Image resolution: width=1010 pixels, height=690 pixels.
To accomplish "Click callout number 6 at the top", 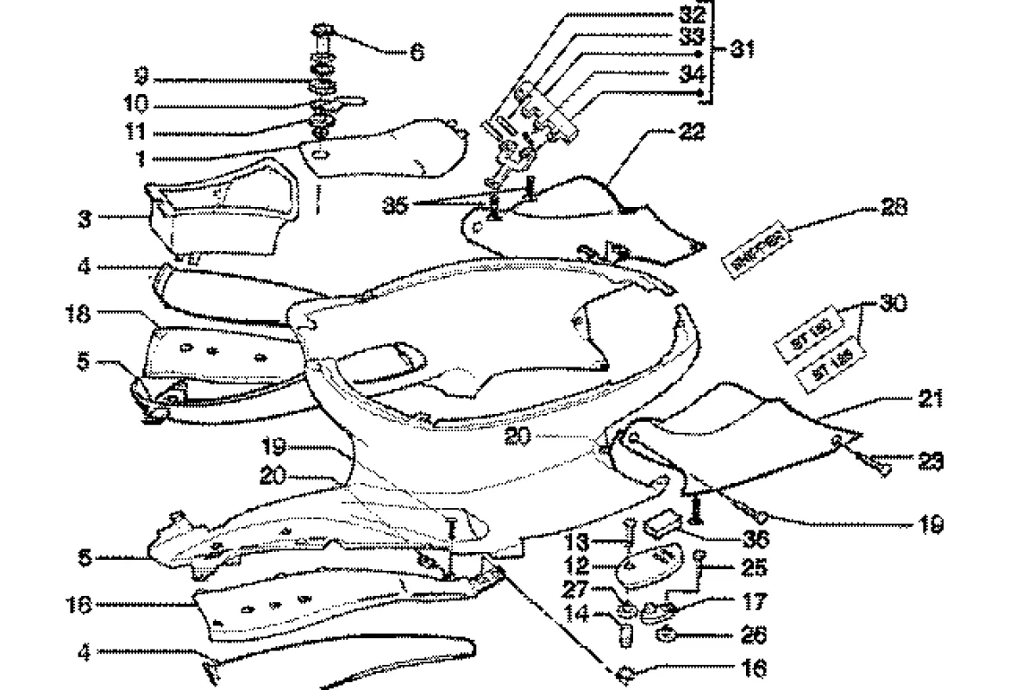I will click(x=417, y=53).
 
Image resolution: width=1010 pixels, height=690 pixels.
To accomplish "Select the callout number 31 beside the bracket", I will click(x=739, y=49).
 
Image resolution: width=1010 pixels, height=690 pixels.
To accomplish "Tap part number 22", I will click(x=692, y=133).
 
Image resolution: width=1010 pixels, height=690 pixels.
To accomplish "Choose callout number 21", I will click(x=930, y=399).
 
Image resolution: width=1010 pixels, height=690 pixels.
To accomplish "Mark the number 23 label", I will click(x=930, y=461).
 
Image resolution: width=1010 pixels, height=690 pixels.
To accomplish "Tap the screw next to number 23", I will click(x=879, y=467).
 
